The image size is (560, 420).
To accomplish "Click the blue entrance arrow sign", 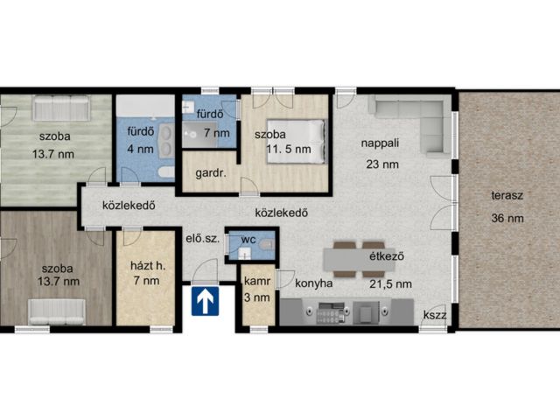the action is [206, 301].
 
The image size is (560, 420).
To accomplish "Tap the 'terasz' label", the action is [507, 195].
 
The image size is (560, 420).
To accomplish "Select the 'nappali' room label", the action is [380, 143].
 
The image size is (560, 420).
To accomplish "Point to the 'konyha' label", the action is [314, 283].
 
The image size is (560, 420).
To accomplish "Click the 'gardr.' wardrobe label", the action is [211, 174].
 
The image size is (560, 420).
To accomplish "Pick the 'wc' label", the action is [248, 239].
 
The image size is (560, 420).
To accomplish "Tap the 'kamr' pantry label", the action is [257, 282].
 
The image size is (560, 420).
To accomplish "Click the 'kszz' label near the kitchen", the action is [435, 315].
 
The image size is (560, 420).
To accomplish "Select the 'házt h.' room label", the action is [148, 266].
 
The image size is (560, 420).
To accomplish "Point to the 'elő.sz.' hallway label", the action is [202, 239].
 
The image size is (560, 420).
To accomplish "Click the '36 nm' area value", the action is [507, 218].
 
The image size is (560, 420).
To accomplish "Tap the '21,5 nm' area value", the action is [390, 284].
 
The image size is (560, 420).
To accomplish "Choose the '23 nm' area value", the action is [382, 164].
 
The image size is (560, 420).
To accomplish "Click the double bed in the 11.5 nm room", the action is [297, 141].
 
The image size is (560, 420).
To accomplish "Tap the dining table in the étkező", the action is [360, 260].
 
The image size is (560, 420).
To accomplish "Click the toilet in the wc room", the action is [266, 245].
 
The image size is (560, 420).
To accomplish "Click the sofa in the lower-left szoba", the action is [57, 311].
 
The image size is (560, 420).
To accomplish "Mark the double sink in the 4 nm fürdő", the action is [166, 140].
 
